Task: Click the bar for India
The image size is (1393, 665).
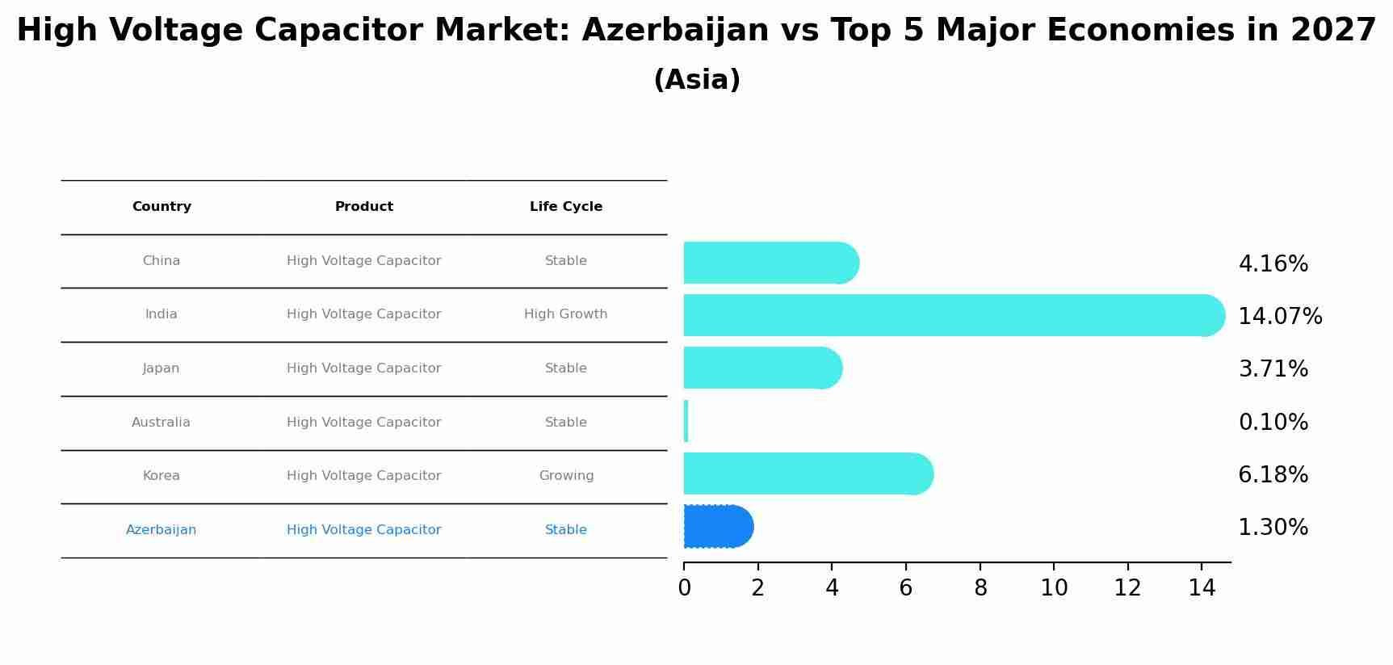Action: [953, 315]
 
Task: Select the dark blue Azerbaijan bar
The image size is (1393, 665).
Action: [717, 527]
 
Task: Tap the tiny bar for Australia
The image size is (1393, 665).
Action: [686, 421]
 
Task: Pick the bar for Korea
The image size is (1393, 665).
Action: [808, 473]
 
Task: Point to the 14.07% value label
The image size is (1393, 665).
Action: [1280, 317]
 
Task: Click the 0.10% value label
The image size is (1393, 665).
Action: [1273, 423]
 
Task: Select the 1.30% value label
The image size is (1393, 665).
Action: [1273, 528]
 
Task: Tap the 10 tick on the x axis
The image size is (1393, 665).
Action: [1054, 588]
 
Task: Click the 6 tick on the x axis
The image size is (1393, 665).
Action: [905, 588]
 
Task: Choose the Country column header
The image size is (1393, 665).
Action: [162, 207]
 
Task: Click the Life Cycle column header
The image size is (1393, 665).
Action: [565, 207]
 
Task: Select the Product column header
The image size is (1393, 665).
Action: [363, 207]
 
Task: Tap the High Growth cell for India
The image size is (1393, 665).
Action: [565, 314]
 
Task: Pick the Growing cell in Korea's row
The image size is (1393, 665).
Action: [566, 476]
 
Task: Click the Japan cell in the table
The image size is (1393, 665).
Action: [161, 368]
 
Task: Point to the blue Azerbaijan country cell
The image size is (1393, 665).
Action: [161, 530]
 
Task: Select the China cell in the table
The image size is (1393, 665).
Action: [161, 261]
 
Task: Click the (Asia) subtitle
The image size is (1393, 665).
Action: [696, 80]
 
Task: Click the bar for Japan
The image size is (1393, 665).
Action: [762, 368]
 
